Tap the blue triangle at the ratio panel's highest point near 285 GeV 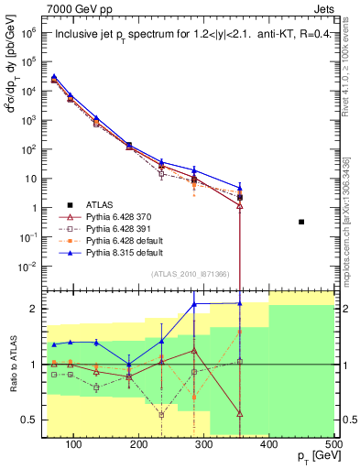(x=194, y=304)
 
